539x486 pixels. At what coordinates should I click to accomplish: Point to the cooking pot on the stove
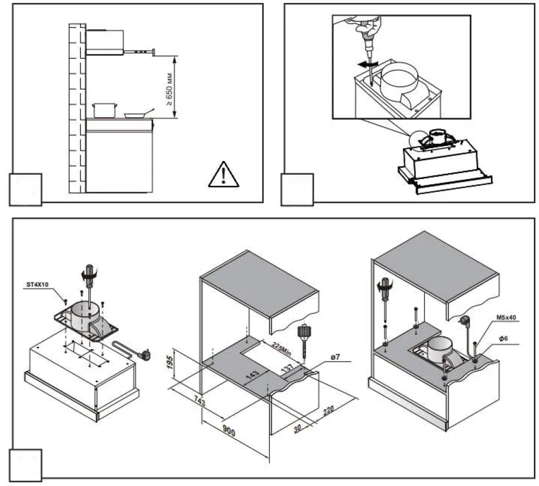pos(105,110)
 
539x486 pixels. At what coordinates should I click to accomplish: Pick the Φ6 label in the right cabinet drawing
pos(504,339)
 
